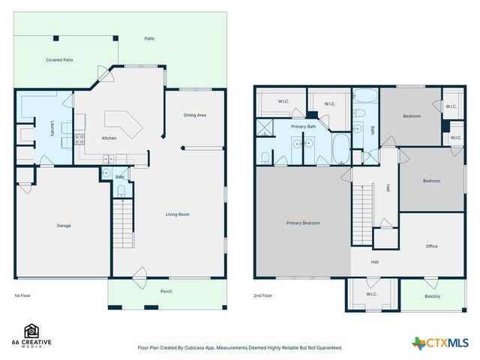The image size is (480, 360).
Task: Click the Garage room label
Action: point(64,225)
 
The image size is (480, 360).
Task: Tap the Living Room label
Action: point(178,214)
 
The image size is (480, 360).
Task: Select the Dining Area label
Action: point(195,115)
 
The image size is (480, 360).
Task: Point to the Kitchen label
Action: point(109,139)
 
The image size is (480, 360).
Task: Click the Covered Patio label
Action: point(58,59)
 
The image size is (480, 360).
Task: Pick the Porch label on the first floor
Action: point(166,292)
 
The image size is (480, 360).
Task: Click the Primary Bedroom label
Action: point(303,223)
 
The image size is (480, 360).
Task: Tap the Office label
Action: point(431,246)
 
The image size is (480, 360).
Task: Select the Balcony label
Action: point(432,296)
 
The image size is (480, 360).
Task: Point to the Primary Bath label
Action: point(304,127)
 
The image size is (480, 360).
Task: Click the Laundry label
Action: point(52,127)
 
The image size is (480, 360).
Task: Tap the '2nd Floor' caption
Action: point(263,295)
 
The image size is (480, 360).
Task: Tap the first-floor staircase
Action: point(122,224)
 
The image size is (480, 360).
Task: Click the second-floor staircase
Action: point(362,214)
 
